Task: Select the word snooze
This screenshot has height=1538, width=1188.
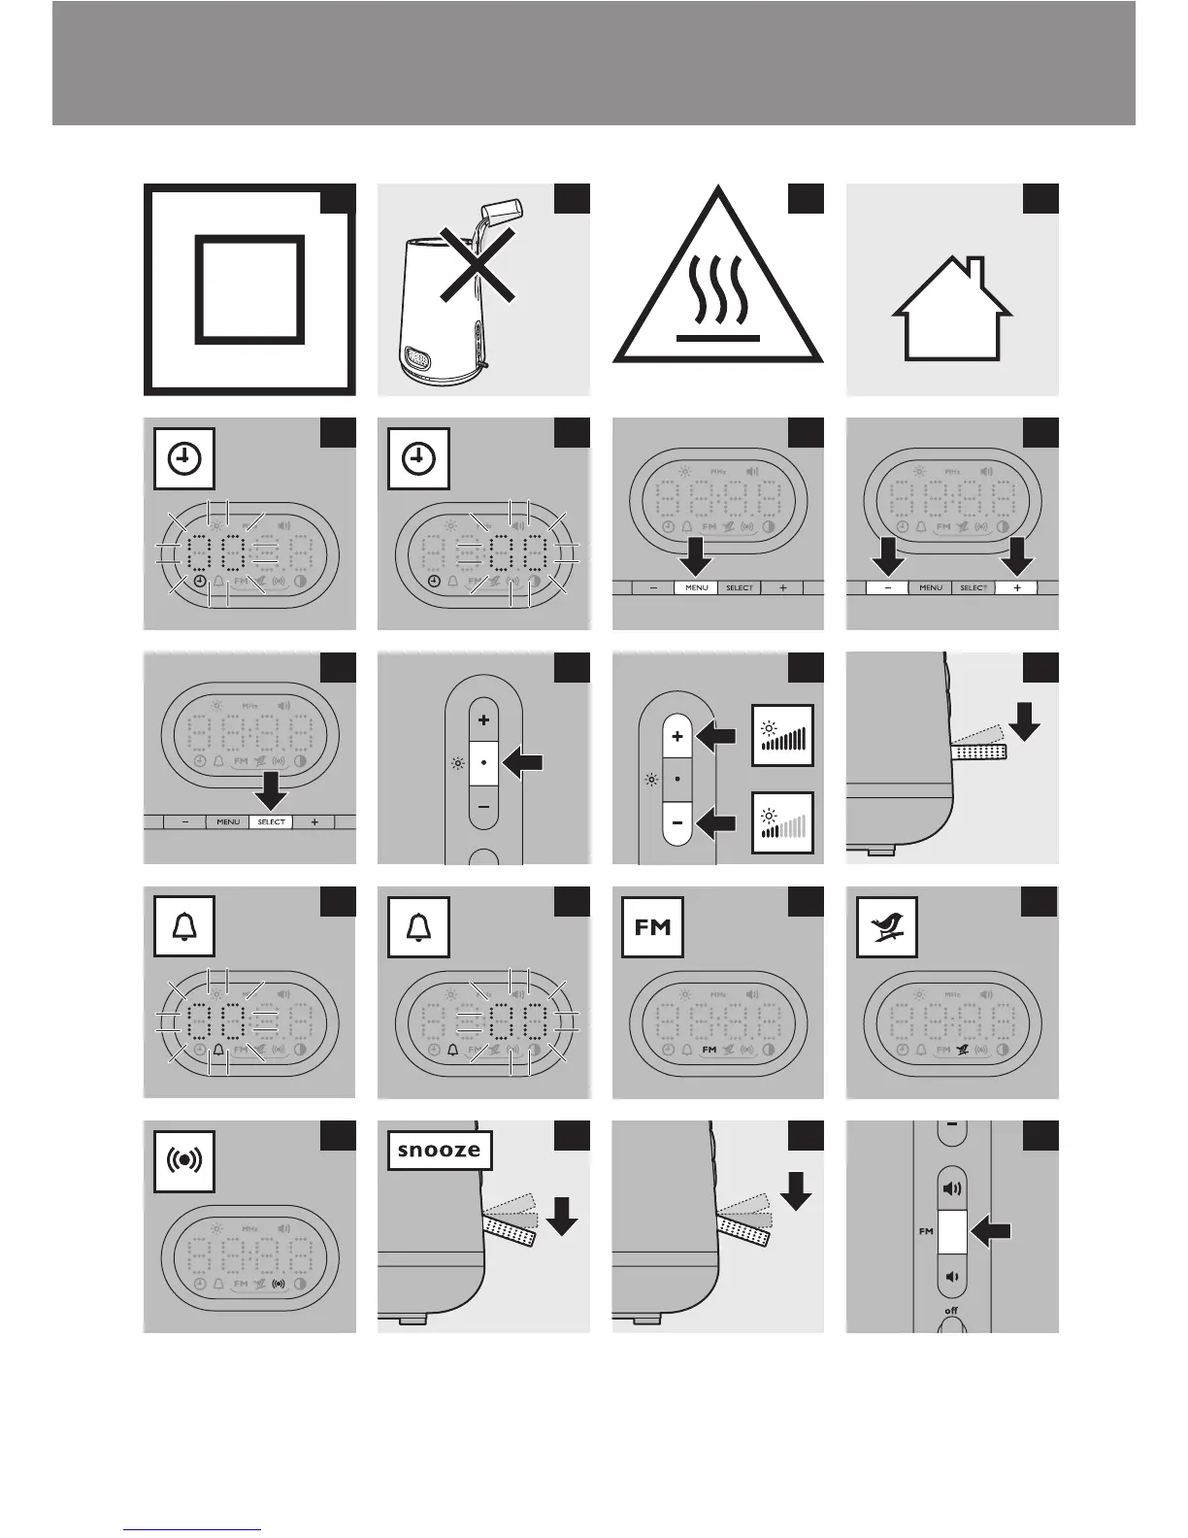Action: click(x=439, y=1151)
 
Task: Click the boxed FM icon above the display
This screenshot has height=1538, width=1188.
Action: click(x=653, y=927)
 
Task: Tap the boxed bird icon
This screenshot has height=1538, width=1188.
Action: click(x=887, y=927)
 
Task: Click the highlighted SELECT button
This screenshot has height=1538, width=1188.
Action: click(x=271, y=822)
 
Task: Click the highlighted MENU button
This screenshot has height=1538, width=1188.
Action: click(x=697, y=588)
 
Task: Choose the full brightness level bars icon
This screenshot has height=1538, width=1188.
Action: click(x=782, y=735)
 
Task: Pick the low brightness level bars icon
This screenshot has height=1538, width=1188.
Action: click(x=782, y=824)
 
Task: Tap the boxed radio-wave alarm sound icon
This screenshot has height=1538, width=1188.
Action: click(x=184, y=1161)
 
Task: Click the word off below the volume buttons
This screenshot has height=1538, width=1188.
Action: click(x=951, y=1311)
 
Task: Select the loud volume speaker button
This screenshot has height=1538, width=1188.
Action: click(x=951, y=1189)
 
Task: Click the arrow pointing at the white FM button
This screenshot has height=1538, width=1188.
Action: click(x=991, y=1233)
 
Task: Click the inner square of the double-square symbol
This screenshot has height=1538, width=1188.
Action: click(x=249, y=289)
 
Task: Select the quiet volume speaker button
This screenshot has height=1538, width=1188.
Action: click(x=951, y=1276)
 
